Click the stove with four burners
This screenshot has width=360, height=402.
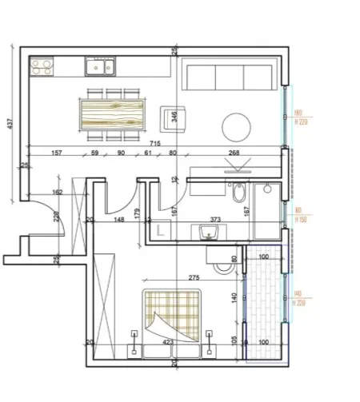[x=42, y=66]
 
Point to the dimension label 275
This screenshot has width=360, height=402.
[x=193, y=277]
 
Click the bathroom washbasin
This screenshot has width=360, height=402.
[x=210, y=232]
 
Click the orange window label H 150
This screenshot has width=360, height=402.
[x=301, y=217]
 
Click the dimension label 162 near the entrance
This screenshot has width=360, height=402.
[x=57, y=193]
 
